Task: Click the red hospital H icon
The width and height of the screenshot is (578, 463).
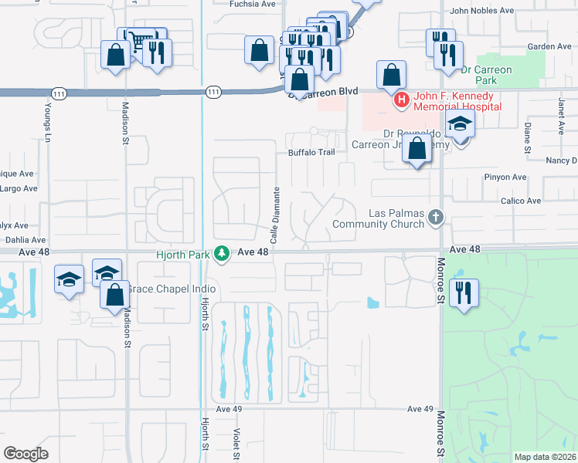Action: pos(401,100)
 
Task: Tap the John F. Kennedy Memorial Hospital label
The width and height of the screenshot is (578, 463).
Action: pos(457,101)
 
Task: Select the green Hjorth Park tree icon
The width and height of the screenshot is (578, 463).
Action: pos(222,253)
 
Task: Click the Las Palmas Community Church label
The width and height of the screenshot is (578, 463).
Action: pos(379,218)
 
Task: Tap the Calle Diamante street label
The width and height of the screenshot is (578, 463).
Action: pos(276,208)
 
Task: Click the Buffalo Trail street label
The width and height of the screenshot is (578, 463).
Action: pos(311,152)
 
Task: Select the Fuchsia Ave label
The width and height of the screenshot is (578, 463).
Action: pos(253,4)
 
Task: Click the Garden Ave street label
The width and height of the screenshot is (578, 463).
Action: pos(549,46)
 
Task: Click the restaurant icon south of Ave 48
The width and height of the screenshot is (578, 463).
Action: pos(464,292)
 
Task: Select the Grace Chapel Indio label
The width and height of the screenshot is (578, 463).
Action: pos(172,289)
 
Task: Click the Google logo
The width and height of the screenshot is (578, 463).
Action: pos(26,453)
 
